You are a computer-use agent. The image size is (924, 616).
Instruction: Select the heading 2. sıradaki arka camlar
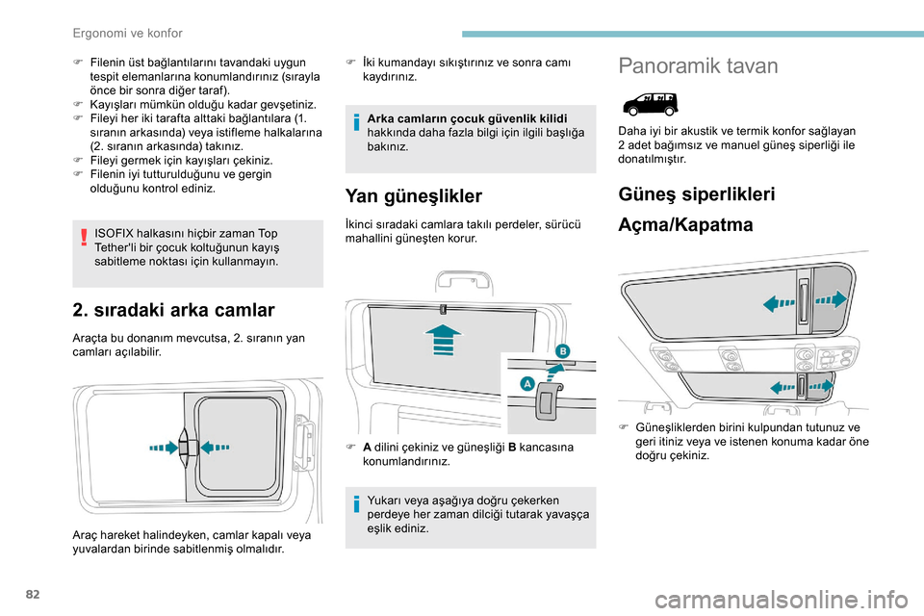click(173, 309)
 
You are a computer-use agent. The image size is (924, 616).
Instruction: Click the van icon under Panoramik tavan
click(650, 103)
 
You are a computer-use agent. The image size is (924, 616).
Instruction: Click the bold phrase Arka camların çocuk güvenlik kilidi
click(467, 118)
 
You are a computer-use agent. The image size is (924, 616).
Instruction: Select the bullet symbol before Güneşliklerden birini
click(624, 426)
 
